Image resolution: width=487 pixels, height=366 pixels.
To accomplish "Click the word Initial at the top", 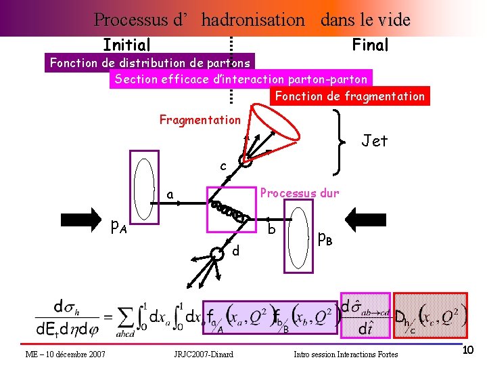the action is coord(126,45).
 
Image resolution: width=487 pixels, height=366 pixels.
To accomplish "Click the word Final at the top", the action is coord(370,45).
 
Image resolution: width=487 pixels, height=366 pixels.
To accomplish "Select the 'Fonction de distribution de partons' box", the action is coord(150,63).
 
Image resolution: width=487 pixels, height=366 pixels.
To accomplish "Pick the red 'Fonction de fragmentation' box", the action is coord(350,96).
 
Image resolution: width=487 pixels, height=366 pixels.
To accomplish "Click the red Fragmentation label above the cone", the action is coord(200,120).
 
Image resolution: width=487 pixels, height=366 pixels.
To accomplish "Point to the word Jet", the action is coord(374,141).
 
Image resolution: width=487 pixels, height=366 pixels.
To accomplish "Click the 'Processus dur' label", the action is coord(300,192).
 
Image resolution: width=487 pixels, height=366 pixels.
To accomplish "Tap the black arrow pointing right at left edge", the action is coord(79,219).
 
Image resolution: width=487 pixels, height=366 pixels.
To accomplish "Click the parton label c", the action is coord(223,166).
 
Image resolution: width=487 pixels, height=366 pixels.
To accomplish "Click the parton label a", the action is coord(171,196).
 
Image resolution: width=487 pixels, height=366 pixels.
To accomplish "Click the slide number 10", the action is coord(468,350).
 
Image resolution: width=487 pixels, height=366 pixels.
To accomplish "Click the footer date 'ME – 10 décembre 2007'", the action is coord(65,354).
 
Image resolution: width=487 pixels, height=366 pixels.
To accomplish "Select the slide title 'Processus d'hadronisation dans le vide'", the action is coord(252,20).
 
